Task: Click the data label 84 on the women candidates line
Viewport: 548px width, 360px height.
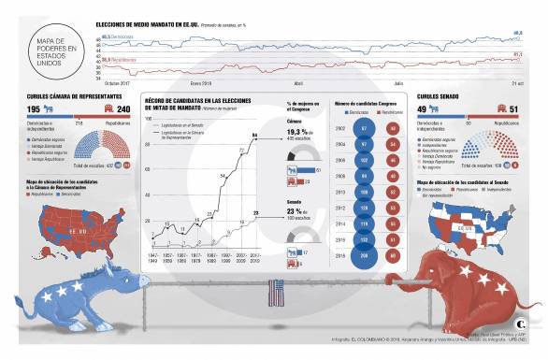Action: [x=254, y=137]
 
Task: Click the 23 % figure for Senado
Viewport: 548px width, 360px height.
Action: [x=296, y=211]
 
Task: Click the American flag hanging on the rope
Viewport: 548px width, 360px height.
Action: [x=275, y=295]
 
